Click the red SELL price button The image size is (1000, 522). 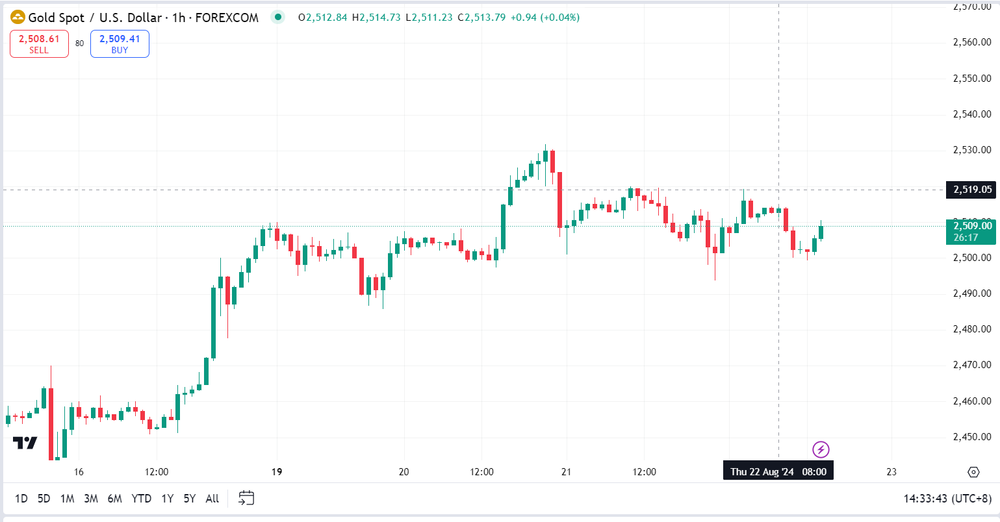[x=39, y=44]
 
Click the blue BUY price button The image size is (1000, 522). [x=120, y=44]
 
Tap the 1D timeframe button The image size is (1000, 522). [x=21, y=499]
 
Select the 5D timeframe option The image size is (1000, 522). [x=44, y=499]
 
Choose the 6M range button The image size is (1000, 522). [x=114, y=499]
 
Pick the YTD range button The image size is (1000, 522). [x=141, y=499]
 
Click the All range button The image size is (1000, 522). [x=212, y=499]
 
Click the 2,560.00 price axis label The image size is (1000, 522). [x=971, y=42]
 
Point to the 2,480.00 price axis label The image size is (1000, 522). [x=971, y=329]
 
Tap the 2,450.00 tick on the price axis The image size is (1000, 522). [x=971, y=437]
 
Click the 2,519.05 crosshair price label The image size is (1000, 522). [x=972, y=190]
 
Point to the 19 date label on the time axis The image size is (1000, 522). [x=277, y=472]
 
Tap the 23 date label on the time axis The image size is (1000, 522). [x=891, y=472]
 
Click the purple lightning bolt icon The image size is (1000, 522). [x=821, y=449]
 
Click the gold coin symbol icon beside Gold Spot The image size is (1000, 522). [x=18, y=18]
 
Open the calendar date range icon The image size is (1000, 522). [x=246, y=498]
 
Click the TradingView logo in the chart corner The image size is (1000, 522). [x=25, y=443]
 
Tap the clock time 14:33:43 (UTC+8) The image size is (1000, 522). [x=947, y=499]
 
